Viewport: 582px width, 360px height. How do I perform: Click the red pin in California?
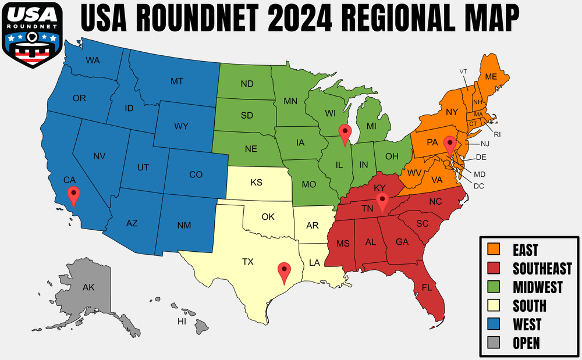73,195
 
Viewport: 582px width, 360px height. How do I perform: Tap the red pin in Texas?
284,271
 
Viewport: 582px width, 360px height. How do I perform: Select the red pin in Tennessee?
382,201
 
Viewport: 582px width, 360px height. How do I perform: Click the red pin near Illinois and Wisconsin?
345,133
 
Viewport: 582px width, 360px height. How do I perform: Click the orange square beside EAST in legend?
494,250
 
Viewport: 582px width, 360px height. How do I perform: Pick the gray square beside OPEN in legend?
494,343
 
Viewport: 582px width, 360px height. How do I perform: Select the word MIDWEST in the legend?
537,287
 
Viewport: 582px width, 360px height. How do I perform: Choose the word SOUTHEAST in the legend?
542,269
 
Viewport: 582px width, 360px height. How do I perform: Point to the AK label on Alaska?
88,287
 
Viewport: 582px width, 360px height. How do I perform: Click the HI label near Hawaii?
182,322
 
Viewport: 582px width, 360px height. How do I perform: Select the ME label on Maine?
491,77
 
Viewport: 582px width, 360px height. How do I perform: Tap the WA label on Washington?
92,60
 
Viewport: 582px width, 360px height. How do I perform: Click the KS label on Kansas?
256,183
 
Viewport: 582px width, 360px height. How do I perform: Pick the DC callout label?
479,186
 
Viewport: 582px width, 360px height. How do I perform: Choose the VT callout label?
463,72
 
